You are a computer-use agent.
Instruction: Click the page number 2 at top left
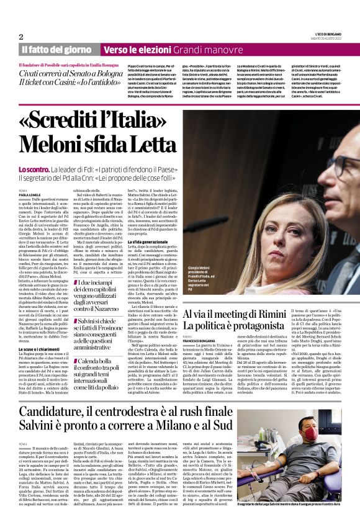tap(20, 37)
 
